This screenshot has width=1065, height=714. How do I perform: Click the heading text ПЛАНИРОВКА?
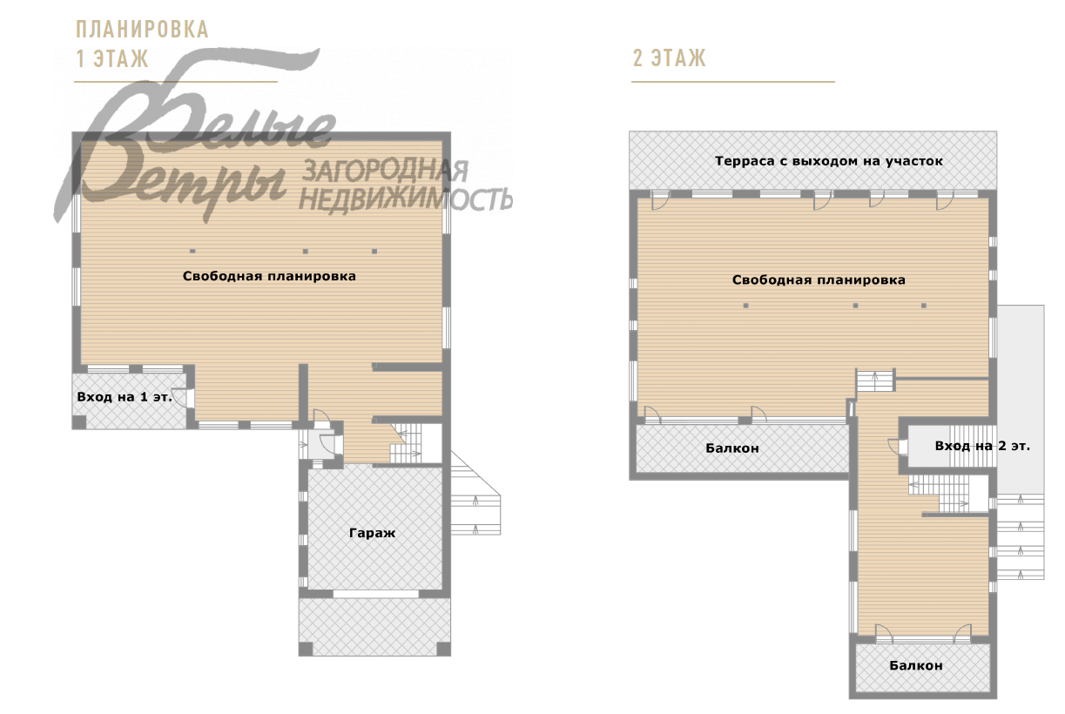142,30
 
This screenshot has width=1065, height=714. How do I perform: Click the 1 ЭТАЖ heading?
112,58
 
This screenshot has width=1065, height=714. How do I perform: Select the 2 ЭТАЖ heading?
669,58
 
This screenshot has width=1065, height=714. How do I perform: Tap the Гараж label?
373,533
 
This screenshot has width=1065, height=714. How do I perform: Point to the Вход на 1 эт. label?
125,397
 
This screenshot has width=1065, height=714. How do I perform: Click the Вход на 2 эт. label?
982,446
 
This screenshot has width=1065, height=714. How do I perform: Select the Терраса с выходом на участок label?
829,161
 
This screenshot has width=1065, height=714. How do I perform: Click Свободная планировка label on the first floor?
269,276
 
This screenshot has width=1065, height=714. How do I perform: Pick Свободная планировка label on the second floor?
819,280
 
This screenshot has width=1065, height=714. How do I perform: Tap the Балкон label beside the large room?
732,448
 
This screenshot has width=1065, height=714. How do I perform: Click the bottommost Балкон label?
916,665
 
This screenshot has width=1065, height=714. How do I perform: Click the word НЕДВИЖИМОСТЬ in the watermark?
406,199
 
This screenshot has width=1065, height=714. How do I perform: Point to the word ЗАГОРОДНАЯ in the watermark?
385,171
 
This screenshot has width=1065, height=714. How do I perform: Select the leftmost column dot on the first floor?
192,251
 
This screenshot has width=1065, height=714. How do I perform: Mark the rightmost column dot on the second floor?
924,306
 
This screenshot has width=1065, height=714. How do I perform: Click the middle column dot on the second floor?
855,306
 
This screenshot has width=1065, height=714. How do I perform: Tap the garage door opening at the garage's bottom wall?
375,594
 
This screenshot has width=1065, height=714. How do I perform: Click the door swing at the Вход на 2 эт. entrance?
895,447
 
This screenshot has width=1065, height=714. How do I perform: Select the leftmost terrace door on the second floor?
658,200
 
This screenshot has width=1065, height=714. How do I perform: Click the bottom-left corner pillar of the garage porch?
306,649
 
